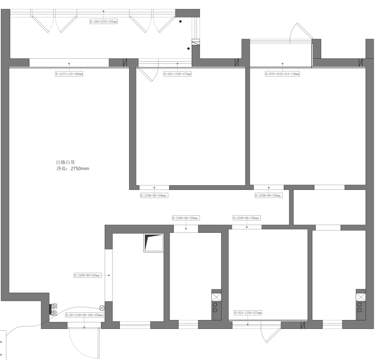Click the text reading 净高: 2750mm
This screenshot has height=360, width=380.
click(73, 169)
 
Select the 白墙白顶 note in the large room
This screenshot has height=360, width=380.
click(66, 162)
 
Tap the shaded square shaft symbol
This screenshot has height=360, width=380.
click(153, 242)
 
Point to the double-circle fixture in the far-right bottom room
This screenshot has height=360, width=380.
click(361, 307)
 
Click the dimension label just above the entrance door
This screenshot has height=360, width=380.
click(84, 315)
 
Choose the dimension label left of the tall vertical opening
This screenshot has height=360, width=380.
click(87, 275)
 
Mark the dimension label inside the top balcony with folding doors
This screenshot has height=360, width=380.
click(104, 20)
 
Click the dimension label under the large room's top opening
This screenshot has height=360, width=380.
click(69, 74)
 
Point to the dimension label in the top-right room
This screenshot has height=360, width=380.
click(283, 74)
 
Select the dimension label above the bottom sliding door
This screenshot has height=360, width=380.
click(248, 312)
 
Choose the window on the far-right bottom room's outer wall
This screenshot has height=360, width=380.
click(332, 324)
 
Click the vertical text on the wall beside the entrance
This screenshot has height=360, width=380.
click(54, 310)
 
